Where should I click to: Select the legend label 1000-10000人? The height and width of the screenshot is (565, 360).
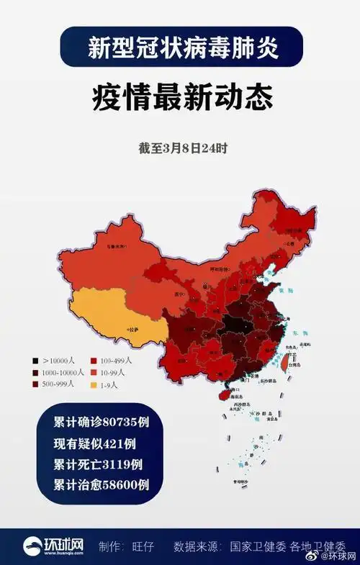(x=64, y=372)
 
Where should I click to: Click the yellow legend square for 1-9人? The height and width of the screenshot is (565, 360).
(x=94, y=385)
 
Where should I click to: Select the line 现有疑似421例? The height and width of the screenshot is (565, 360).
(x=94, y=442)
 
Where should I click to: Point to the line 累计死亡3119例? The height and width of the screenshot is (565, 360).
(x=98, y=463)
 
